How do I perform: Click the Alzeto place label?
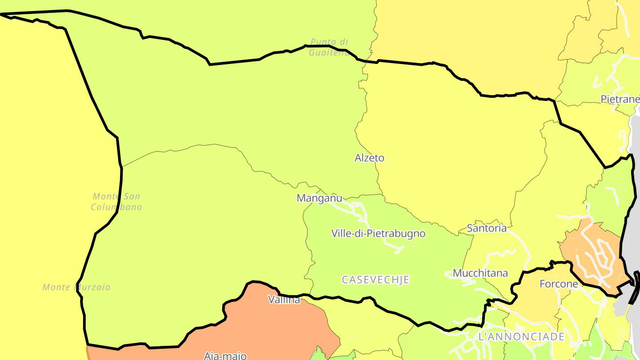tap(369, 158)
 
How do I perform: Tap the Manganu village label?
tap(320, 198)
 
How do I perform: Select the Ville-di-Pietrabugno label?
tap(378, 233)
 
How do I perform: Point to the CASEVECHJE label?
tap(376, 280)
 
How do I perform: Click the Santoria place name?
tap(487, 228)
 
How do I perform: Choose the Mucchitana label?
tap(480, 273)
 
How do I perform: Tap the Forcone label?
tap(559, 284)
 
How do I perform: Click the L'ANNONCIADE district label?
tap(521, 336)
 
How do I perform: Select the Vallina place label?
tap(284, 300)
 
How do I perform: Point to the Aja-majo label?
tap(225, 356)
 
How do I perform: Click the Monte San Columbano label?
tap(116, 202)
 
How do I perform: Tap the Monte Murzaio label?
tap(76, 287)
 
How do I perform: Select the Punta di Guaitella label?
tap(329, 47)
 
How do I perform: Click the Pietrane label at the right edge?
tap(620, 99)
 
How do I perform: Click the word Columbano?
tap(116, 207)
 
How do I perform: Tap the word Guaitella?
tap(329, 52)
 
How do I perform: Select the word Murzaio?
tap(94, 287)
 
